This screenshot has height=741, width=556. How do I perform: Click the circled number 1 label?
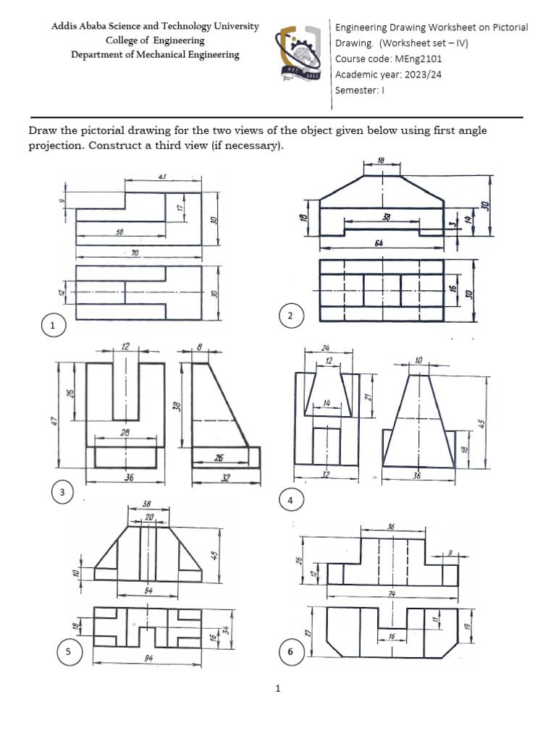52,327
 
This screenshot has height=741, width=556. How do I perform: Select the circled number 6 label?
290,653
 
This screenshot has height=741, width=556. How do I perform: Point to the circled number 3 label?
63,494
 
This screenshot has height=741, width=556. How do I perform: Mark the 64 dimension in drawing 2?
379,243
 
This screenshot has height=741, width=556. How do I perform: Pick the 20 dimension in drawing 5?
148,517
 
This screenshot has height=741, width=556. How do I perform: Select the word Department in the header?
99,55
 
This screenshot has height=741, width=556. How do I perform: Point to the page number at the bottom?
278,689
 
